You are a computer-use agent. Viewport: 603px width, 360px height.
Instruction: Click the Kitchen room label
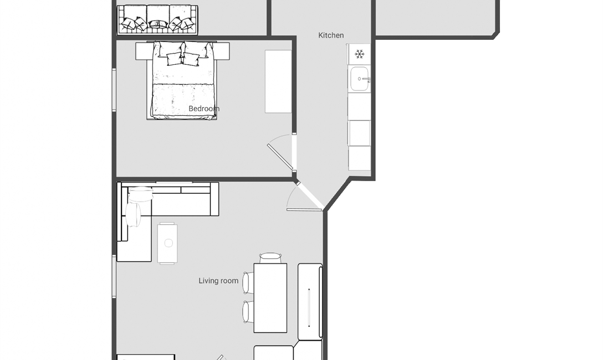coord(331,35)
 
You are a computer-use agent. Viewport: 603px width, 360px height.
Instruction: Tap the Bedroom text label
coord(204,109)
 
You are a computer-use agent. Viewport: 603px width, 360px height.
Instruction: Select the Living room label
coord(218,281)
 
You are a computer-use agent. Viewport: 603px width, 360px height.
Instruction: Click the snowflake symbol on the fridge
coord(360,54)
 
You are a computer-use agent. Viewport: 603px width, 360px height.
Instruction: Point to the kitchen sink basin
coord(360,79)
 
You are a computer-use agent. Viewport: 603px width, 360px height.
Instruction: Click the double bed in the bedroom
coord(182,81)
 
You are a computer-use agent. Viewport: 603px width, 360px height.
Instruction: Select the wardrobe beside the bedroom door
coord(278,81)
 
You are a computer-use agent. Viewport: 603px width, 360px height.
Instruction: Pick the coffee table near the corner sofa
coord(167,243)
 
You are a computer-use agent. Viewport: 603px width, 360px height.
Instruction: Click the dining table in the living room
coord(270,298)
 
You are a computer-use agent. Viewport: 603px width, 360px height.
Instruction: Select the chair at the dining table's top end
coord(270,258)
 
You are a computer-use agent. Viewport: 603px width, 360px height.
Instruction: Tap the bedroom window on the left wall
coord(114,90)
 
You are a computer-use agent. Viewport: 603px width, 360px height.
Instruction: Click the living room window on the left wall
coord(114,276)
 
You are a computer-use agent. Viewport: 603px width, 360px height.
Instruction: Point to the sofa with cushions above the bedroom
coord(157,19)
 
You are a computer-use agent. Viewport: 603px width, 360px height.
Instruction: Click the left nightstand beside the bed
coord(141,51)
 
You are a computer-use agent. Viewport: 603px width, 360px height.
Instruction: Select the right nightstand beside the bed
coord(223,51)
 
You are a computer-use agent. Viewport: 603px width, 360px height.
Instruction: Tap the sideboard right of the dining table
coord(310,302)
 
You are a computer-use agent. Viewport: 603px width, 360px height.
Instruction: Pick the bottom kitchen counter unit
coord(360,158)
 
